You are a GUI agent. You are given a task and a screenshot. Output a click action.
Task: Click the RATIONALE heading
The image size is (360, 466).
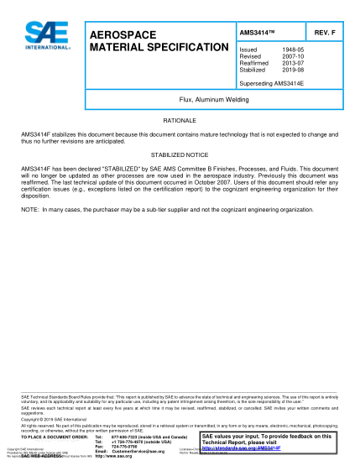[x=179, y=122]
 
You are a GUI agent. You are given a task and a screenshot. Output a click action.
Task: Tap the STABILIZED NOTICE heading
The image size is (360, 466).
[x=179, y=156]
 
